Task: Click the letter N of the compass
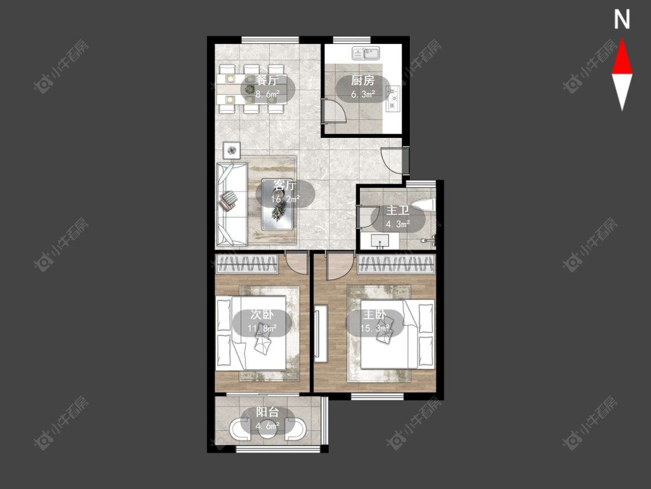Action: [621, 19]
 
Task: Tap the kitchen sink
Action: [366, 53]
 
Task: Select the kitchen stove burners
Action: [392, 98]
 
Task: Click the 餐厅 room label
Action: [268, 81]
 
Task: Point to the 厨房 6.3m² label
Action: [363, 87]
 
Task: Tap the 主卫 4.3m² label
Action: [398, 217]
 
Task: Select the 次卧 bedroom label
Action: [262, 315]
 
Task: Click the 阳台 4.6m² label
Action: [267, 419]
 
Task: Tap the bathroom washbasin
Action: [380, 241]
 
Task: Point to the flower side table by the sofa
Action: [231, 149]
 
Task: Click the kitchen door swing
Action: [334, 111]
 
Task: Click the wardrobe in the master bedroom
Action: [396, 264]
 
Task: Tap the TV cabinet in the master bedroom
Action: [321, 334]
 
